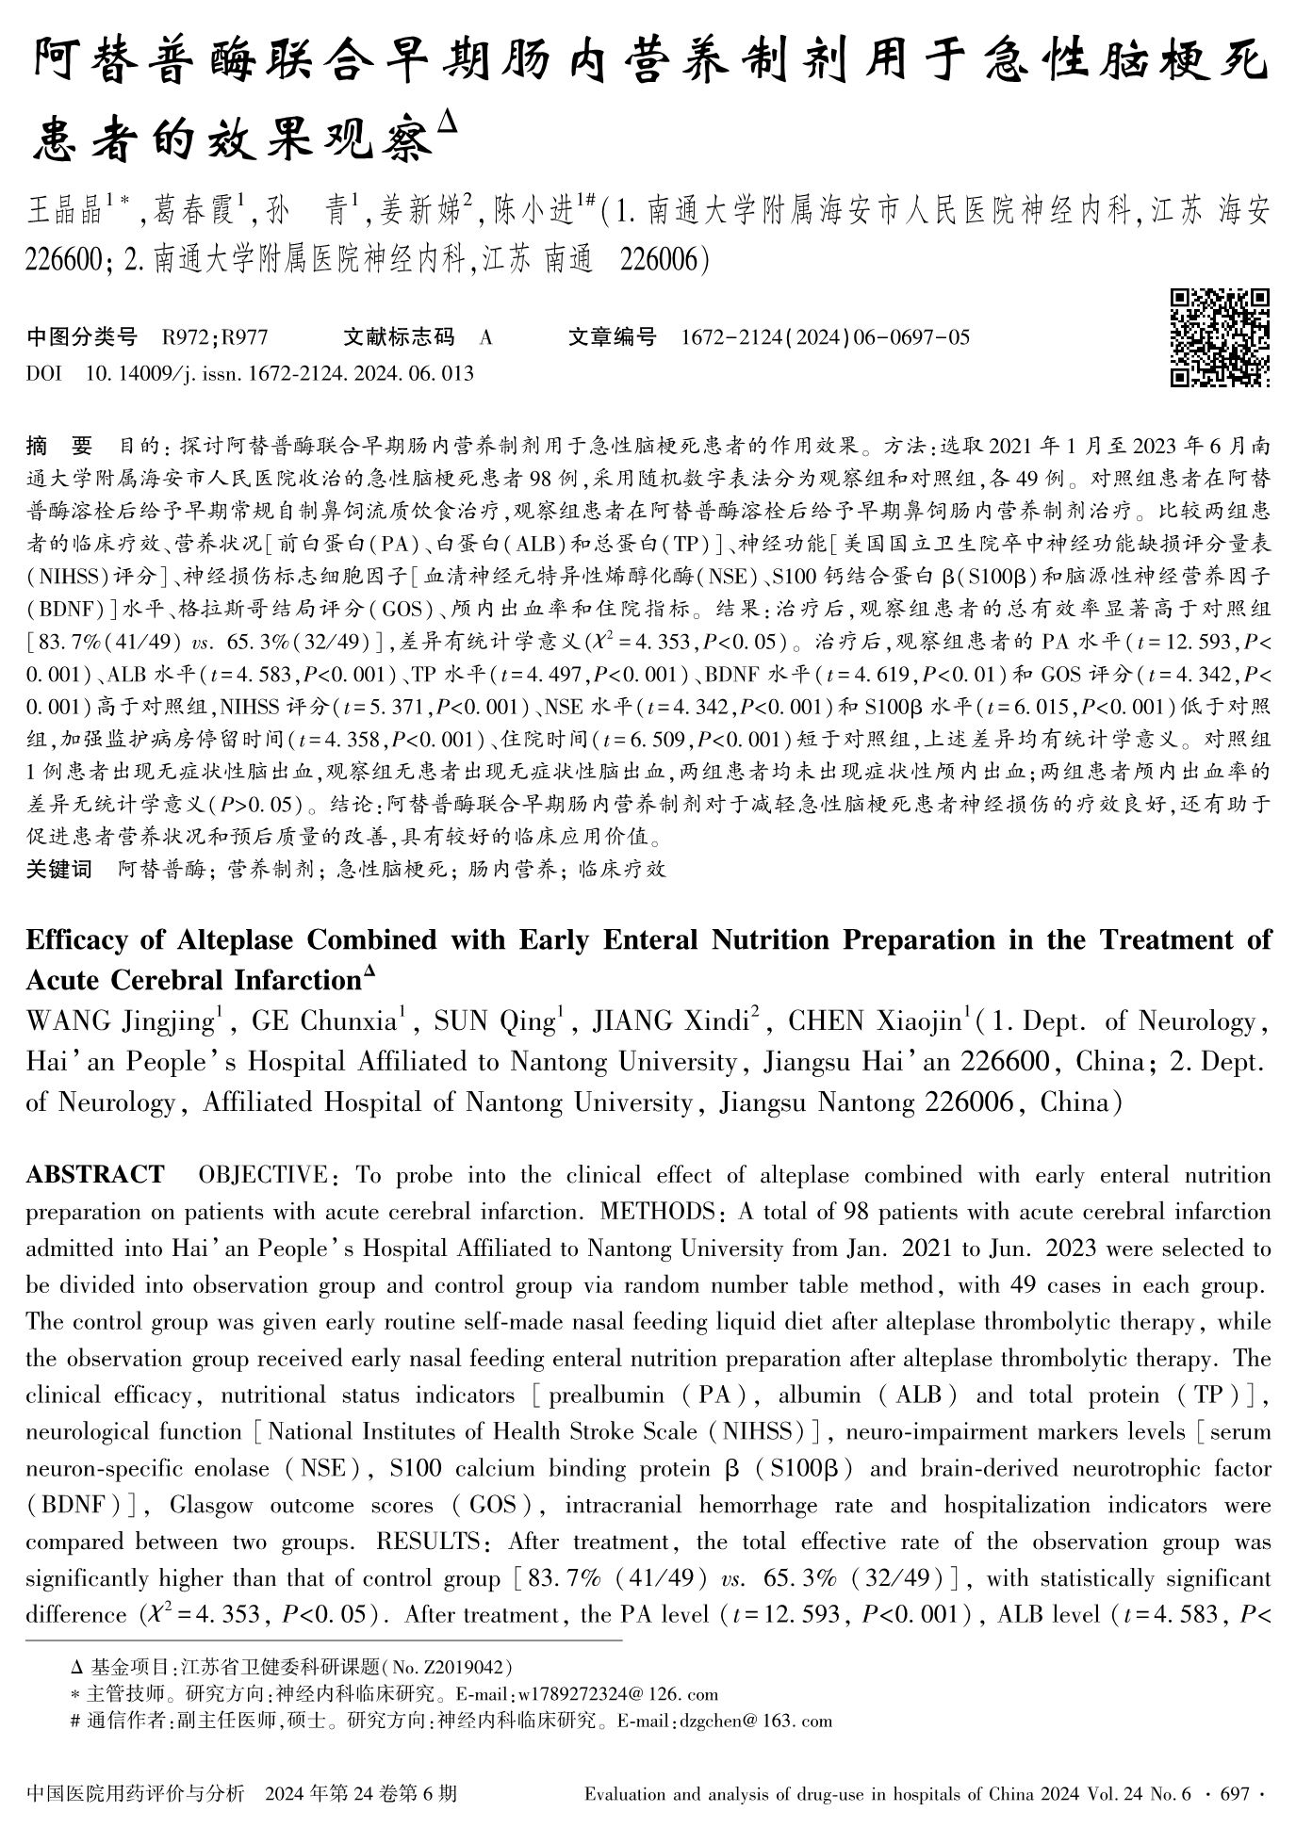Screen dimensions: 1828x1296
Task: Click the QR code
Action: click(1220, 338)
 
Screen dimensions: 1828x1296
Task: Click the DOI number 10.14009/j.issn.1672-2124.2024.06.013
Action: click(280, 374)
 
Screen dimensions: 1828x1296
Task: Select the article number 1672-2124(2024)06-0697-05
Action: click(824, 337)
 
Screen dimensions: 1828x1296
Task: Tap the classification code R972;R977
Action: click(215, 337)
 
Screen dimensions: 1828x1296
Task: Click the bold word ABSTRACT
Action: click(94, 1175)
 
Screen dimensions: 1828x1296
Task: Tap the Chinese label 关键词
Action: click(58, 869)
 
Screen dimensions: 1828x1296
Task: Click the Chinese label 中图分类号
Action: click(81, 337)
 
